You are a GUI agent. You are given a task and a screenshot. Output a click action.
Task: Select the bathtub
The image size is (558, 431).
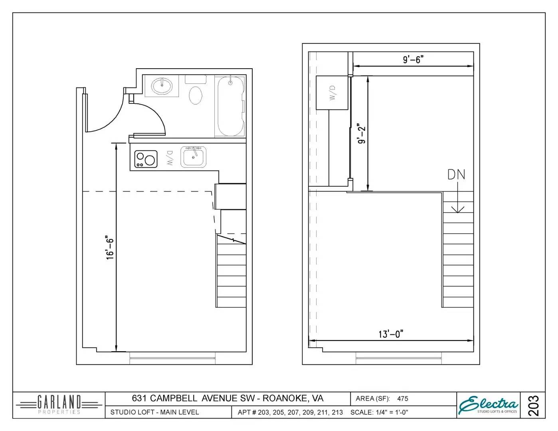click(x=230, y=106)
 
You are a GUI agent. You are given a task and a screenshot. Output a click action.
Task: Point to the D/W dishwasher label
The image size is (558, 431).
click(x=169, y=158)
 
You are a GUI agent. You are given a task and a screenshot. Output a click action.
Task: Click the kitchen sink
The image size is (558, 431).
click(x=194, y=156)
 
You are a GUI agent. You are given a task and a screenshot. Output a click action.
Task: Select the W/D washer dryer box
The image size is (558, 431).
click(x=332, y=93)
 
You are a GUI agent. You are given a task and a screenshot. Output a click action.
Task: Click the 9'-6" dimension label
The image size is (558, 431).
click(x=413, y=59)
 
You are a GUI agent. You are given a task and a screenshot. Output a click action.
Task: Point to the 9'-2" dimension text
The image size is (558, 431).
click(x=361, y=134)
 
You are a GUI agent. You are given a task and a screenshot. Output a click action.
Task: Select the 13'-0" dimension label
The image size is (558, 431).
click(x=391, y=334)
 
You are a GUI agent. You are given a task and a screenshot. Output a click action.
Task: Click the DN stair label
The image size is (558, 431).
click(x=456, y=174)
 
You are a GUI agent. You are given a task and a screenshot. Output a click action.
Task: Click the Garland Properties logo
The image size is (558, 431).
click(x=59, y=405)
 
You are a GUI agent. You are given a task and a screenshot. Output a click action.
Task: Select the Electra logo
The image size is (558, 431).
click(x=489, y=405)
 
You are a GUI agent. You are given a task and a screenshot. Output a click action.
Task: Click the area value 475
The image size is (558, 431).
click(x=402, y=398)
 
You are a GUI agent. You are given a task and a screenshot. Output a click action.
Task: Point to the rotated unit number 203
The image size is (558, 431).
click(x=533, y=405)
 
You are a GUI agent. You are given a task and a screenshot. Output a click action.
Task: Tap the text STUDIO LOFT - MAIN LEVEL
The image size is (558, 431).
click(x=154, y=412)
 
